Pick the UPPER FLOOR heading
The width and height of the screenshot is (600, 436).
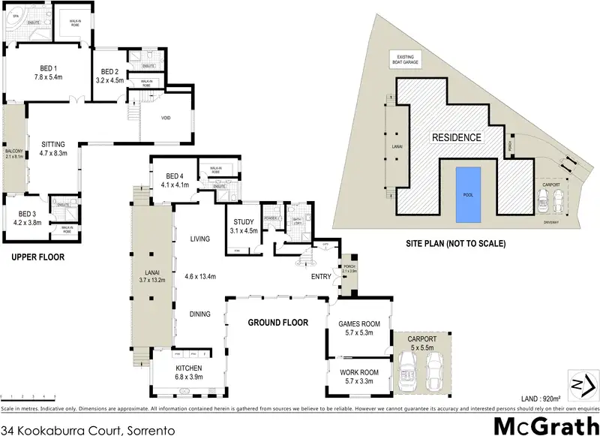click(x=37, y=257)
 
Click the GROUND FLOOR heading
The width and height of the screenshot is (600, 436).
click(x=279, y=323)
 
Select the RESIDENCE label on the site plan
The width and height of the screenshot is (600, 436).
click(x=455, y=138)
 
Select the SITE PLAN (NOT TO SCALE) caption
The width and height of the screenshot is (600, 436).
click(x=456, y=244)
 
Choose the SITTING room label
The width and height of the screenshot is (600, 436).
click(x=53, y=148)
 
